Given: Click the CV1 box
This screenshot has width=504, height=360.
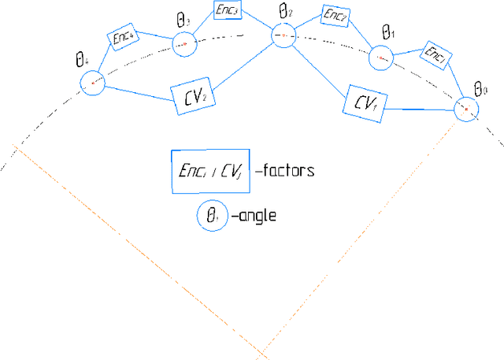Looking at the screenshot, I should coord(365,103).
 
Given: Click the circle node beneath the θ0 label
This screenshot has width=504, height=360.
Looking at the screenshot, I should coord(466,109).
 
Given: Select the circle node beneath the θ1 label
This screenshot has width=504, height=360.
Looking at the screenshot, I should coord(380,57).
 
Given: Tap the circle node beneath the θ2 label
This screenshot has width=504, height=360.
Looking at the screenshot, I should coord(283,35).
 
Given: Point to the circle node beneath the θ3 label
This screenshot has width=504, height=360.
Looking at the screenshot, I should coord(183,44).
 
